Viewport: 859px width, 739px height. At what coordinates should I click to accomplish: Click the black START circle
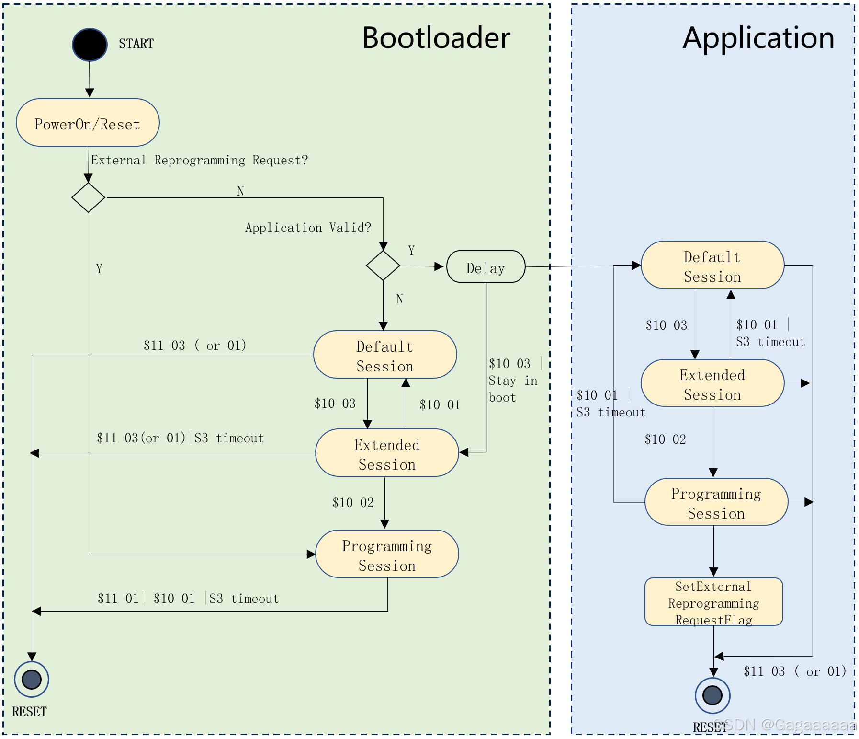(90, 45)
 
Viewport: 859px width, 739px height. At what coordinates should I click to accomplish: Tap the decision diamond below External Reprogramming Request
(88, 197)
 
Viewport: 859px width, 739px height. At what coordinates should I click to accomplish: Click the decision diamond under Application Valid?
(383, 265)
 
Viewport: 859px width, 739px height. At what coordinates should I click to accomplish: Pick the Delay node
(486, 267)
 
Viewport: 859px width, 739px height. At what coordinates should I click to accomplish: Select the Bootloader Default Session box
(385, 355)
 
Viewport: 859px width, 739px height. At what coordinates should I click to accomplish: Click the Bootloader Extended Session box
(387, 453)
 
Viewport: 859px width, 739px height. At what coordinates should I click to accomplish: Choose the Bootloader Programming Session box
(387, 554)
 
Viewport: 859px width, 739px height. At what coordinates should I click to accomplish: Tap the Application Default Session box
(712, 265)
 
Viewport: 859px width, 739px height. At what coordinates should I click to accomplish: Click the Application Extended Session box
(712, 383)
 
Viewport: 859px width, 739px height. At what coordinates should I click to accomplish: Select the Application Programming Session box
(716, 502)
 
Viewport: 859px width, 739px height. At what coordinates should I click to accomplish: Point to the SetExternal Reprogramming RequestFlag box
(713, 602)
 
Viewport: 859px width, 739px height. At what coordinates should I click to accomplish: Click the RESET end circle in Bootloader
(32, 679)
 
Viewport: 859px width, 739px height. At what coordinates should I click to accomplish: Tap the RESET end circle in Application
(712, 695)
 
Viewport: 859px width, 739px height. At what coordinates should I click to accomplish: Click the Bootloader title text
(436, 38)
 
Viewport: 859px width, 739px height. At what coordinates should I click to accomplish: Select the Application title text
(758, 38)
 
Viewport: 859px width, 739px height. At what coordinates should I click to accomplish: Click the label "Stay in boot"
(512, 389)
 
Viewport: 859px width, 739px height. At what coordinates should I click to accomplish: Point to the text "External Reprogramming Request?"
(199, 160)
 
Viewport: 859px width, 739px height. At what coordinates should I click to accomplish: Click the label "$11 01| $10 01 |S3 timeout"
(188, 599)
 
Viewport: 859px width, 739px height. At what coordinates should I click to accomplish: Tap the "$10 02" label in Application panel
(665, 439)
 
